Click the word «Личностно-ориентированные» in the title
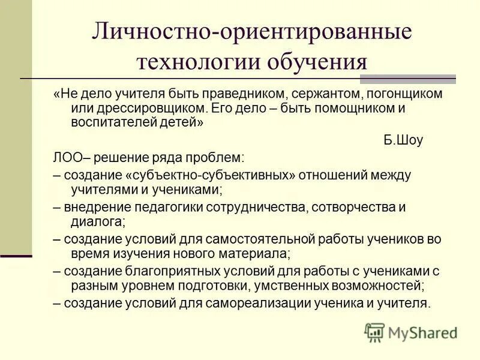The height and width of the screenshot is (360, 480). (251, 31)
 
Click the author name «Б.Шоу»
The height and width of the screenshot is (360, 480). (403, 141)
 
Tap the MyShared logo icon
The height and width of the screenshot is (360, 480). (374, 331)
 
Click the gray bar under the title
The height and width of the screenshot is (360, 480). (410, 79)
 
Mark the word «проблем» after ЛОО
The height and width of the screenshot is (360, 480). (220, 158)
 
